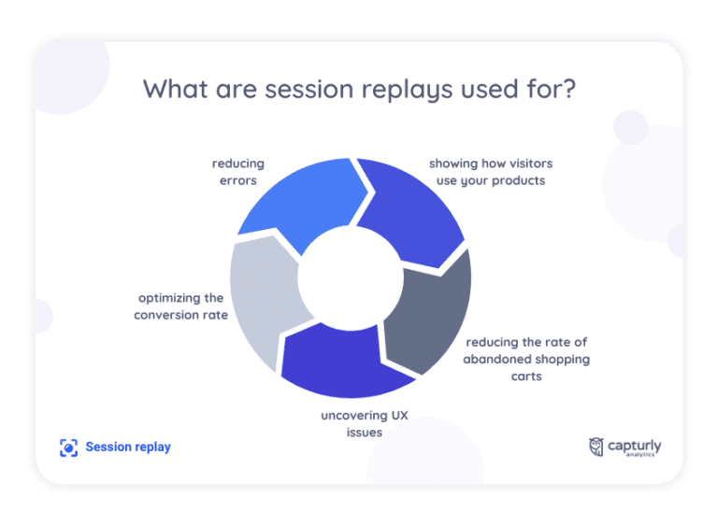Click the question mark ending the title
pyautogui.click(x=568, y=90)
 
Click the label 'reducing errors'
pyautogui.click(x=237, y=172)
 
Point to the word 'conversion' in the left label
pyautogui.click(x=167, y=315)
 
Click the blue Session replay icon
pyautogui.click(x=68, y=448)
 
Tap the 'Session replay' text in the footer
pyautogui.click(x=128, y=448)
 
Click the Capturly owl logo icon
pyautogui.click(x=596, y=447)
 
